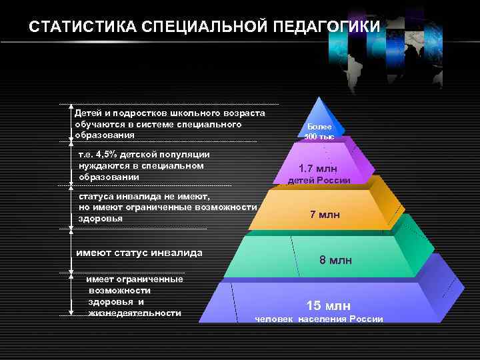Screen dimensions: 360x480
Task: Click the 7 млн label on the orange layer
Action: [325, 214]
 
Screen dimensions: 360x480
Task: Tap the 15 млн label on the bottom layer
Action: [328, 305]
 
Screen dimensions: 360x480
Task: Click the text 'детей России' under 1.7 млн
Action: [319, 181]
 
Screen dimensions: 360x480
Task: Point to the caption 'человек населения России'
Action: [319, 319]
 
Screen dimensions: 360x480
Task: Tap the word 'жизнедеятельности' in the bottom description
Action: [135, 313]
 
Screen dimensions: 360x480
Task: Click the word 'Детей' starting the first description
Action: [87, 113]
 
